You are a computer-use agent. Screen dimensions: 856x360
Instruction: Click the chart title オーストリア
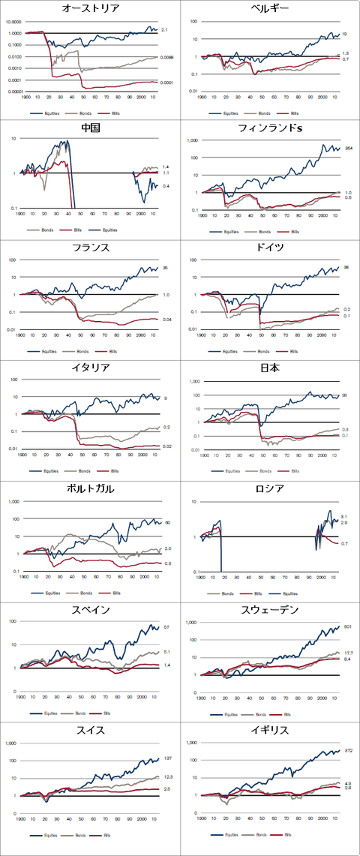[90, 9]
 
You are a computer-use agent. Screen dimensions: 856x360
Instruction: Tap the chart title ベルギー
[270, 9]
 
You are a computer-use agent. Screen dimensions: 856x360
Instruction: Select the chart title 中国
[90, 128]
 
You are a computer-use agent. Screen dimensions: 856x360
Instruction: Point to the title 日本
[270, 368]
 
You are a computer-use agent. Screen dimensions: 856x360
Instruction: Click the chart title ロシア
[270, 489]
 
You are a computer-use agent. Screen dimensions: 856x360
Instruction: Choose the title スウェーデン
[270, 609]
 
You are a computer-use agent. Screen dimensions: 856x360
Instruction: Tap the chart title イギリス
[270, 729]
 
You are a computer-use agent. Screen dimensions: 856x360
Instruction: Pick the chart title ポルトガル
[90, 489]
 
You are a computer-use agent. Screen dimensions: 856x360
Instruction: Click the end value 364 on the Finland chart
[349, 149]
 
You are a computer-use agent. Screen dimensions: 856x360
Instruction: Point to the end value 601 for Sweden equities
[347, 626]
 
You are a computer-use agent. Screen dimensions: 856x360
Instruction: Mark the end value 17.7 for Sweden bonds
[349, 653]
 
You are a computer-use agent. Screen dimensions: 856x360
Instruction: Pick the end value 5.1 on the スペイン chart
[168, 652]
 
